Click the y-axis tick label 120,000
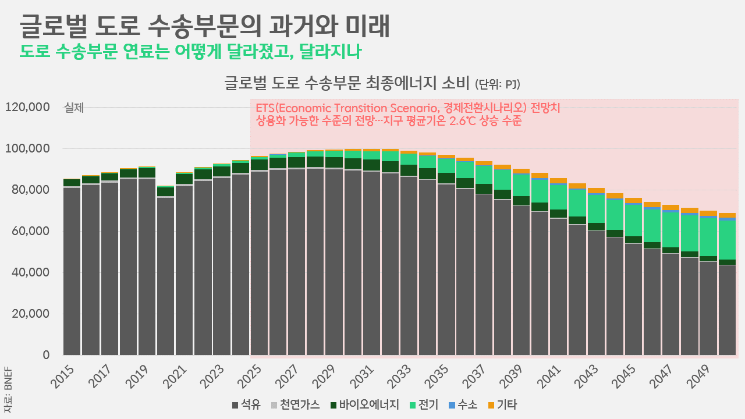pos(27,108)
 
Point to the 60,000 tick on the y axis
pos(30,231)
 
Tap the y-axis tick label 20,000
pos(30,314)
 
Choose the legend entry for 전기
pos(424,404)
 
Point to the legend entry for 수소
pos(463,404)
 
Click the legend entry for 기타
pos(502,404)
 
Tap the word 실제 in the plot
pos(74,108)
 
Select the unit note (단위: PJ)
pos(497,84)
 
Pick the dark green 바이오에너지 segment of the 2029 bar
pos(334,162)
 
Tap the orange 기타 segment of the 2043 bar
pos(596,190)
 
